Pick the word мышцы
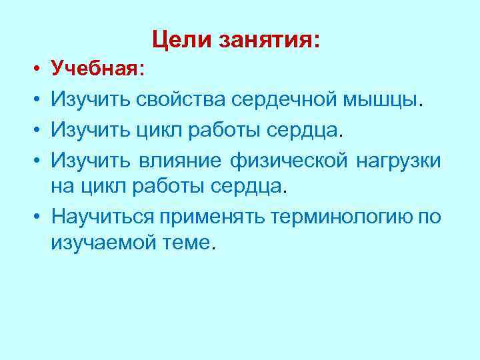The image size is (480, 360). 382,101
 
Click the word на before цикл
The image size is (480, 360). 62,188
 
